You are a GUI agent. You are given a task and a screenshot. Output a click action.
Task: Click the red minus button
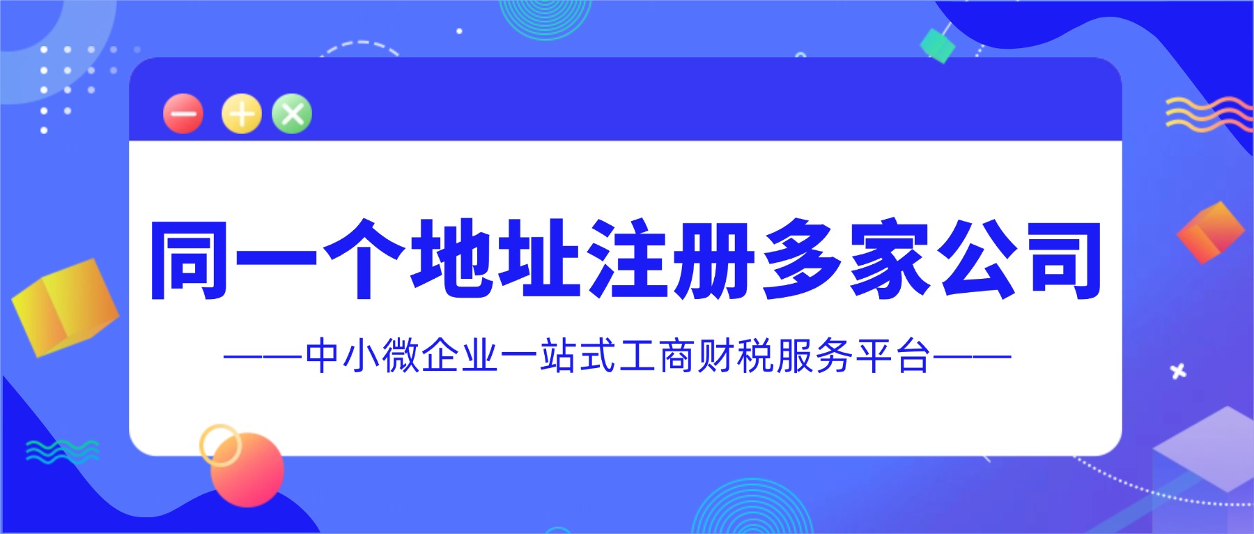tap(183, 114)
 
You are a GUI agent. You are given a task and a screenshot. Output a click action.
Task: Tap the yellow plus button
tap(241, 114)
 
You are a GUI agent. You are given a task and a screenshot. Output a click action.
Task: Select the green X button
tap(292, 113)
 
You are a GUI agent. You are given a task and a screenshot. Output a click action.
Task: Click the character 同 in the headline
tap(189, 260)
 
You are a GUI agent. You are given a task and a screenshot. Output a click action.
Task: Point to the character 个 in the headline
tap(364, 260)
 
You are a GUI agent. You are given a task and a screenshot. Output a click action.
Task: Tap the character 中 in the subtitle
tap(322, 356)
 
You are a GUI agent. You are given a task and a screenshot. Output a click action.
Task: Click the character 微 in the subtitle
tap(400, 356)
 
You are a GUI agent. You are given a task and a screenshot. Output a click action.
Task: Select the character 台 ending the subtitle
tap(913, 356)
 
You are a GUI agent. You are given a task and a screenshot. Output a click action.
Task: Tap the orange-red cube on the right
tap(1210, 232)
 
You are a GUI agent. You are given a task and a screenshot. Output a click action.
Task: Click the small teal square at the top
tap(937, 45)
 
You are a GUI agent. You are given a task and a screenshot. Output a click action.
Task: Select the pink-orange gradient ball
tap(248, 469)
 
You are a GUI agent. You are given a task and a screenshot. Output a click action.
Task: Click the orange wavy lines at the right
tap(1208, 114)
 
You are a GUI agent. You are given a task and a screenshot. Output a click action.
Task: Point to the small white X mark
tap(1178, 372)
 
